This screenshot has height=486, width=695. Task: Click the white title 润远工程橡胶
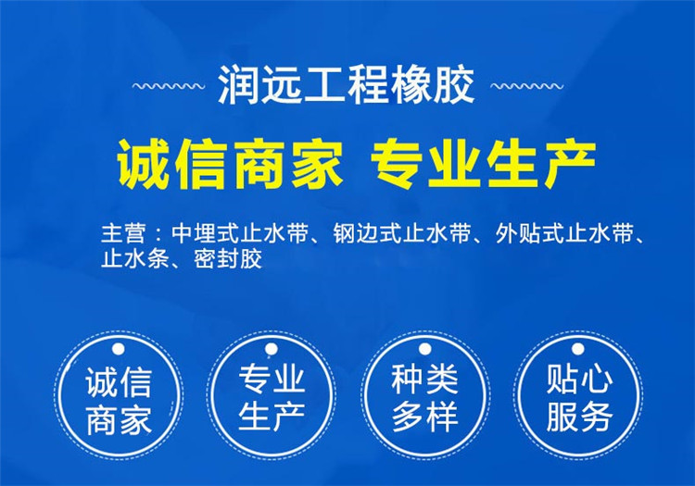[347, 86]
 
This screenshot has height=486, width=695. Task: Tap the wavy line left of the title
[169, 86]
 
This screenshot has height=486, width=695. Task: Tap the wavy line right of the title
[526, 86]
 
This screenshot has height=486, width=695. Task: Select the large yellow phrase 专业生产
[483, 164]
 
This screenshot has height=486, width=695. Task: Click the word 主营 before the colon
[122, 233]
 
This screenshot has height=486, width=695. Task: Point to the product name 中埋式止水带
[239, 233]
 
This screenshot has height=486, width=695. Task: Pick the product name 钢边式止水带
[401, 233]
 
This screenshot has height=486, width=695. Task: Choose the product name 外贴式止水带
[563, 233]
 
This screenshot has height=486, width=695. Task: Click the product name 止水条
[134, 259]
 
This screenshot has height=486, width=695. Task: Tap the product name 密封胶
[228, 259]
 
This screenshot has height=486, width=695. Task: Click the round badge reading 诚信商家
[119, 395]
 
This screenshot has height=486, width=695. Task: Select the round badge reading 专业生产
[272, 395]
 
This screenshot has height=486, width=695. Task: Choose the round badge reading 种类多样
[424, 395]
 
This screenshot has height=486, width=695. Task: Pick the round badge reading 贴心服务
[578, 395]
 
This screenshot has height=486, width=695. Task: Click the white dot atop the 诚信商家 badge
[119, 349]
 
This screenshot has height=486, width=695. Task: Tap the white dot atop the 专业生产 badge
[272, 349]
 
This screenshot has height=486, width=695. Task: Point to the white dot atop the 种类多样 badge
[424, 349]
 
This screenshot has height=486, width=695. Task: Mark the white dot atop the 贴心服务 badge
[578, 349]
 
